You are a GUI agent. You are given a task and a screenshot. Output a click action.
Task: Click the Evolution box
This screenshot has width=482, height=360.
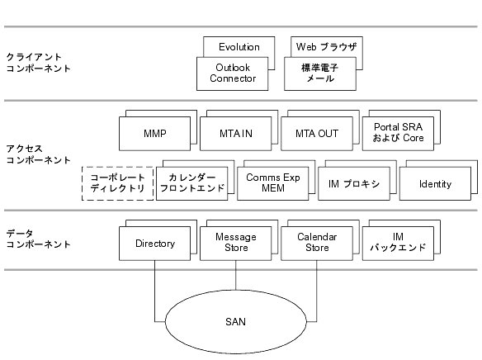(239, 47)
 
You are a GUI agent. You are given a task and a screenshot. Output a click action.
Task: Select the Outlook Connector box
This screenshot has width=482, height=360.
(233, 73)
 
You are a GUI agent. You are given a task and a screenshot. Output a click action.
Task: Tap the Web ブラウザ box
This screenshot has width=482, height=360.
(327, 46)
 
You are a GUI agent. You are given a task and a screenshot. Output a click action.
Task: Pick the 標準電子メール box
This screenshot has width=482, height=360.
(320, 73)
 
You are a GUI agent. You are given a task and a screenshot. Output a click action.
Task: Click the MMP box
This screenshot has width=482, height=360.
(154, 134)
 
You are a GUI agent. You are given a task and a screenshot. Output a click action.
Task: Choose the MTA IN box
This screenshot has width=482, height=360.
(236, 134)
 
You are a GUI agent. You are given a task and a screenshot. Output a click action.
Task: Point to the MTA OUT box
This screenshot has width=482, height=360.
(317, 134)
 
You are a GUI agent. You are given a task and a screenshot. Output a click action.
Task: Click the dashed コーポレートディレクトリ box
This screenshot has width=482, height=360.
(118, 183)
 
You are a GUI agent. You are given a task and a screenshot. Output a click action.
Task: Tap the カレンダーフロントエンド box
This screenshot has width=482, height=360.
(192, 183)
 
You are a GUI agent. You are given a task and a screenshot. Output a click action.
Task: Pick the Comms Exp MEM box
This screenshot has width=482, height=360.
(273, 183)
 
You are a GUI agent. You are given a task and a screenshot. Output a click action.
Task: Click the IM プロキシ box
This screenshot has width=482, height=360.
(354, 183)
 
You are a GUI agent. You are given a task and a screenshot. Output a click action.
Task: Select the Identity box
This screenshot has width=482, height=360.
(435, 183)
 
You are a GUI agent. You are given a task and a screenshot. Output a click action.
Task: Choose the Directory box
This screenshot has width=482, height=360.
(154, 244)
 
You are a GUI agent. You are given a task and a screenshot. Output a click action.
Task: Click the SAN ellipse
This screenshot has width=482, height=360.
(236, 321)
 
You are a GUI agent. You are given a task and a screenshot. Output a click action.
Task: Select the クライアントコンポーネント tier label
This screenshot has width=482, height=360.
(39, 63)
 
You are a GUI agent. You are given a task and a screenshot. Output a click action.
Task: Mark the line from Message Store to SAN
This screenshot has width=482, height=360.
(236, 275)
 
